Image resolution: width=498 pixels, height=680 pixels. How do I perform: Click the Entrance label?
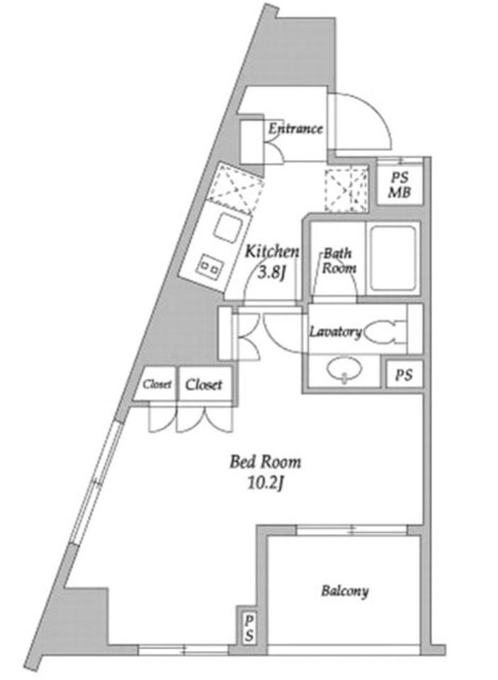click(x=295, y=128)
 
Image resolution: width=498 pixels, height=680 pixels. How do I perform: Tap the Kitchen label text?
click(x=272, y=251)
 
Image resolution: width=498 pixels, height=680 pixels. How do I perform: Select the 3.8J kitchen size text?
click(x=272, y=273)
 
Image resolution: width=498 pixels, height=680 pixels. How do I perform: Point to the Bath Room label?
click(x=339, y=261)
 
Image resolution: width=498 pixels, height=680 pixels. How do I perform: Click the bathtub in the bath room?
click(x=393, y=259)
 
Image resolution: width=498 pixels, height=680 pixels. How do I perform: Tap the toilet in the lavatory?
click(x=385, y=332)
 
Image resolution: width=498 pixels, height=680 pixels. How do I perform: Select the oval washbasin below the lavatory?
click(x=344, y=370)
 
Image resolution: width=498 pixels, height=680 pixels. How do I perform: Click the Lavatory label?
click(x=335, y=332)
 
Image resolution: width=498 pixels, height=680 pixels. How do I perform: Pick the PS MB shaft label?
click(x=399, y=185)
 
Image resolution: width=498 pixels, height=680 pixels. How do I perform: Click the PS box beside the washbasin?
click(x=404, y=375)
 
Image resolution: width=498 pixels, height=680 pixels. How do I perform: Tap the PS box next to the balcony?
click(x=249, y=628)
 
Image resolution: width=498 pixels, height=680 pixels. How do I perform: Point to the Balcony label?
click(x=345, y=591)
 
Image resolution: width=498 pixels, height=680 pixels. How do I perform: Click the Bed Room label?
click(x=265, y=462)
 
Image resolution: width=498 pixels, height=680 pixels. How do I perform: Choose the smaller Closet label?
click(x=157, y=384)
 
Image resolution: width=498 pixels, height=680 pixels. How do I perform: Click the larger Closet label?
click(x=203, y=384)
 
